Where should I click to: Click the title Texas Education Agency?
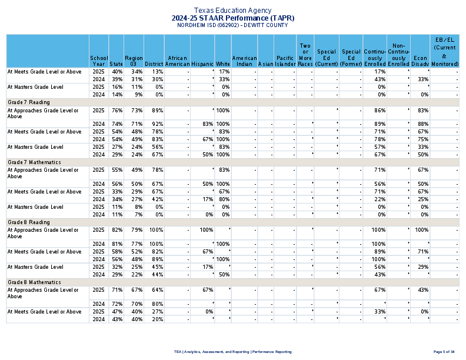click(x=233, y=11)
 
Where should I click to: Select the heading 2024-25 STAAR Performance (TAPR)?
click(x=233, y=18)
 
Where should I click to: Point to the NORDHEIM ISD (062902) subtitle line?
click(x=233, y=25)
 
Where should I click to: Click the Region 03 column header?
click(x=134, y=61)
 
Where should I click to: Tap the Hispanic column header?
click(x=202, y=64)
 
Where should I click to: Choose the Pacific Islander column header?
click(x=285, y=61)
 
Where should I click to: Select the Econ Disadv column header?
click(x=420, y=61)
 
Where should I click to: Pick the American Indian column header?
click(x=244, y=61)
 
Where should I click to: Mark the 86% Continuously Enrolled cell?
click(x=380, y=111)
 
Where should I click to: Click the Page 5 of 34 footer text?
click(x=444, y=352)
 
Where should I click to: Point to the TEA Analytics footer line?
click(x=233, y=352)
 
